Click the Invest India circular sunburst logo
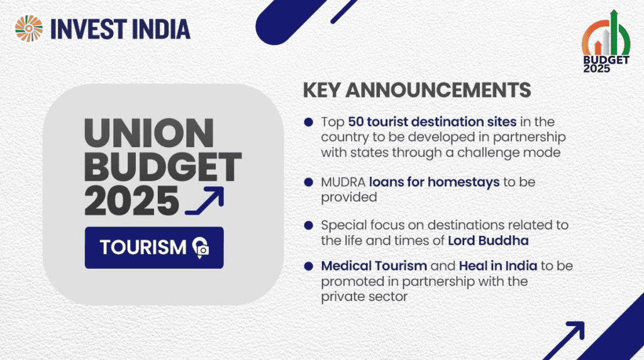click(x=29, y=28)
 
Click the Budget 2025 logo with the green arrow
click(x=606, y=41)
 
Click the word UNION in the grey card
click(x=149, y=133)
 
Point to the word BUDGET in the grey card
click(x=163, y=167)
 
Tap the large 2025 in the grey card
click(x=131, y=201)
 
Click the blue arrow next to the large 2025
click(x=204, y=201)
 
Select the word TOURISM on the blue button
click(x=143, y=247)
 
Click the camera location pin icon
click(x=201, y=248)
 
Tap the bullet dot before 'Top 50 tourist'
click(x=308, y=122)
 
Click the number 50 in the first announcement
click(x=356, y=121)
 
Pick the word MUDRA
click(x=343, y=182)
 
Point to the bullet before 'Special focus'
click(x=308, y=225)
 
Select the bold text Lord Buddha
click(x=488, y=240)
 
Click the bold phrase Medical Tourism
click(x=374, y=266)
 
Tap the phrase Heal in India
click(x=498, y=266)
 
